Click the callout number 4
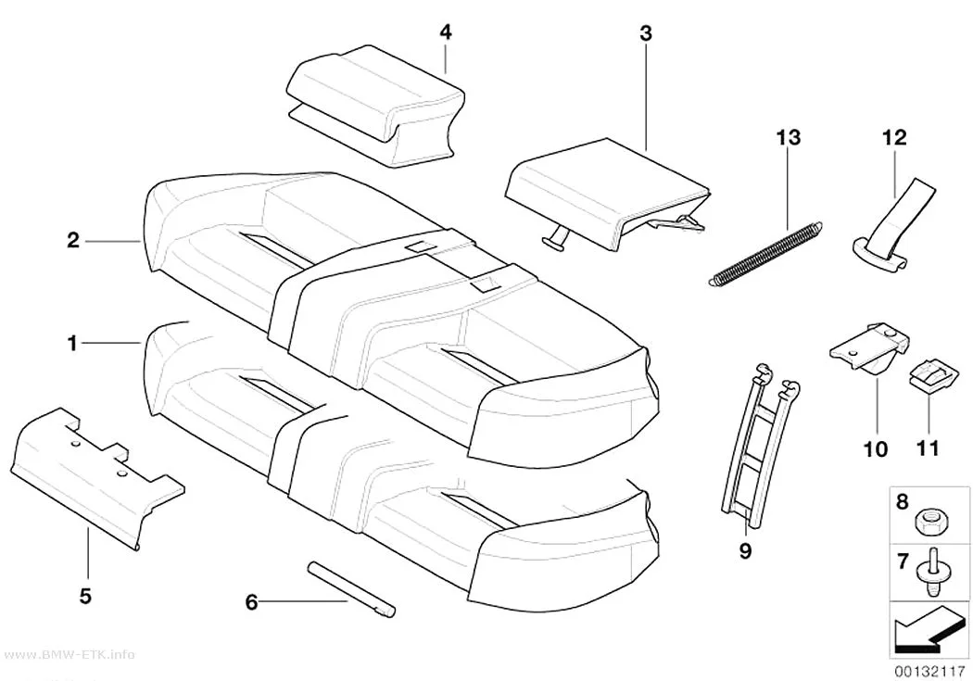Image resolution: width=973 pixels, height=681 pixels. [446, 32]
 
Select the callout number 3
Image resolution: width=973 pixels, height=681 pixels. [646, 33]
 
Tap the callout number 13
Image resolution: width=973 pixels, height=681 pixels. [788, 137]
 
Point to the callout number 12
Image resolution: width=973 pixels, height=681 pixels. [894, 137]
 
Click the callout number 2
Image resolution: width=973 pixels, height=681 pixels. [73, 240]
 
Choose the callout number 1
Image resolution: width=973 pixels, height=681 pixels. [72, 343]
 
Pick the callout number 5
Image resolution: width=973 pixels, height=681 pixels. [85, 596]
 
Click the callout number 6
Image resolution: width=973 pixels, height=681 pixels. [251, 601]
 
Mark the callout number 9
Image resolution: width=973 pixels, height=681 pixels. [745, 549]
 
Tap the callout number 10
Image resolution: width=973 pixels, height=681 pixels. [876, 448]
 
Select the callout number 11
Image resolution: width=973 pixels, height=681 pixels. [928, 448]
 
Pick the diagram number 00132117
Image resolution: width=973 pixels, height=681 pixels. [929, 671]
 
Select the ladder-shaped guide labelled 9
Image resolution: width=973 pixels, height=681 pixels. [761, 446]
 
